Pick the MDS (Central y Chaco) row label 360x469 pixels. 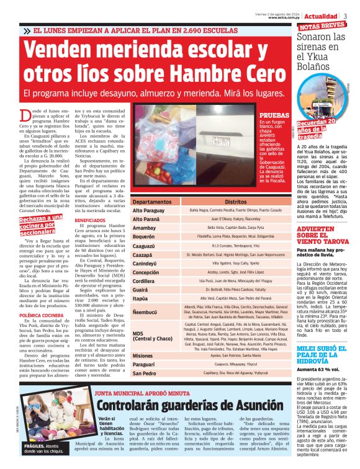tap(153, 336)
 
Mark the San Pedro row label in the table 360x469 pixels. tap(145, 373)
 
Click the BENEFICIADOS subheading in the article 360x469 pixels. tap(91, 220)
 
